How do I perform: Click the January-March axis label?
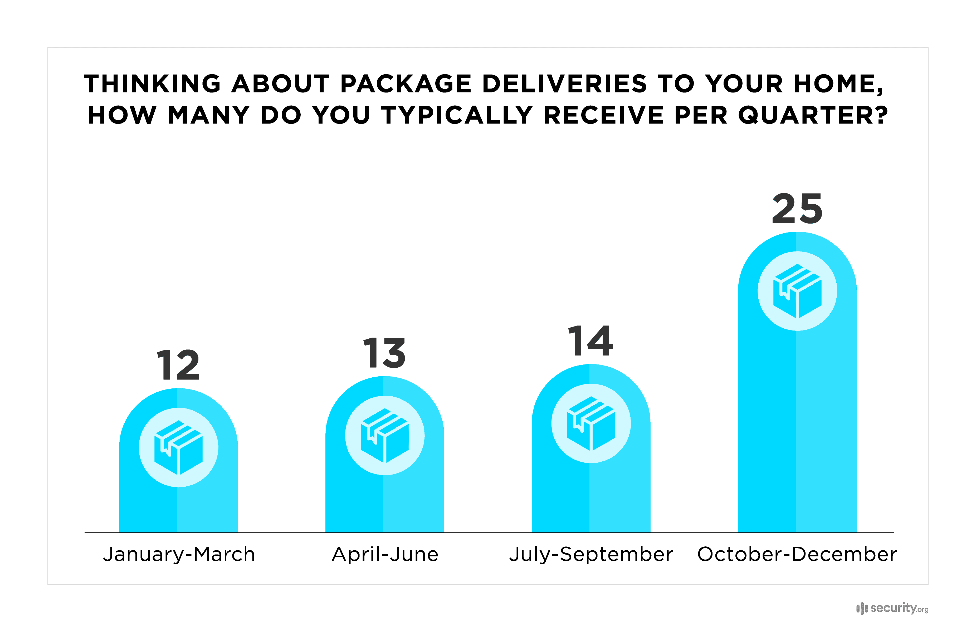[x=179, y=554]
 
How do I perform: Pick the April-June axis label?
[x=385, y=554]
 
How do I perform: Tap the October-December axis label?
[x=797, y=554]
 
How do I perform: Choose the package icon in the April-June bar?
[x=385, y=435]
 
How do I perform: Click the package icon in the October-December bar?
[x=797, y=291]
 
